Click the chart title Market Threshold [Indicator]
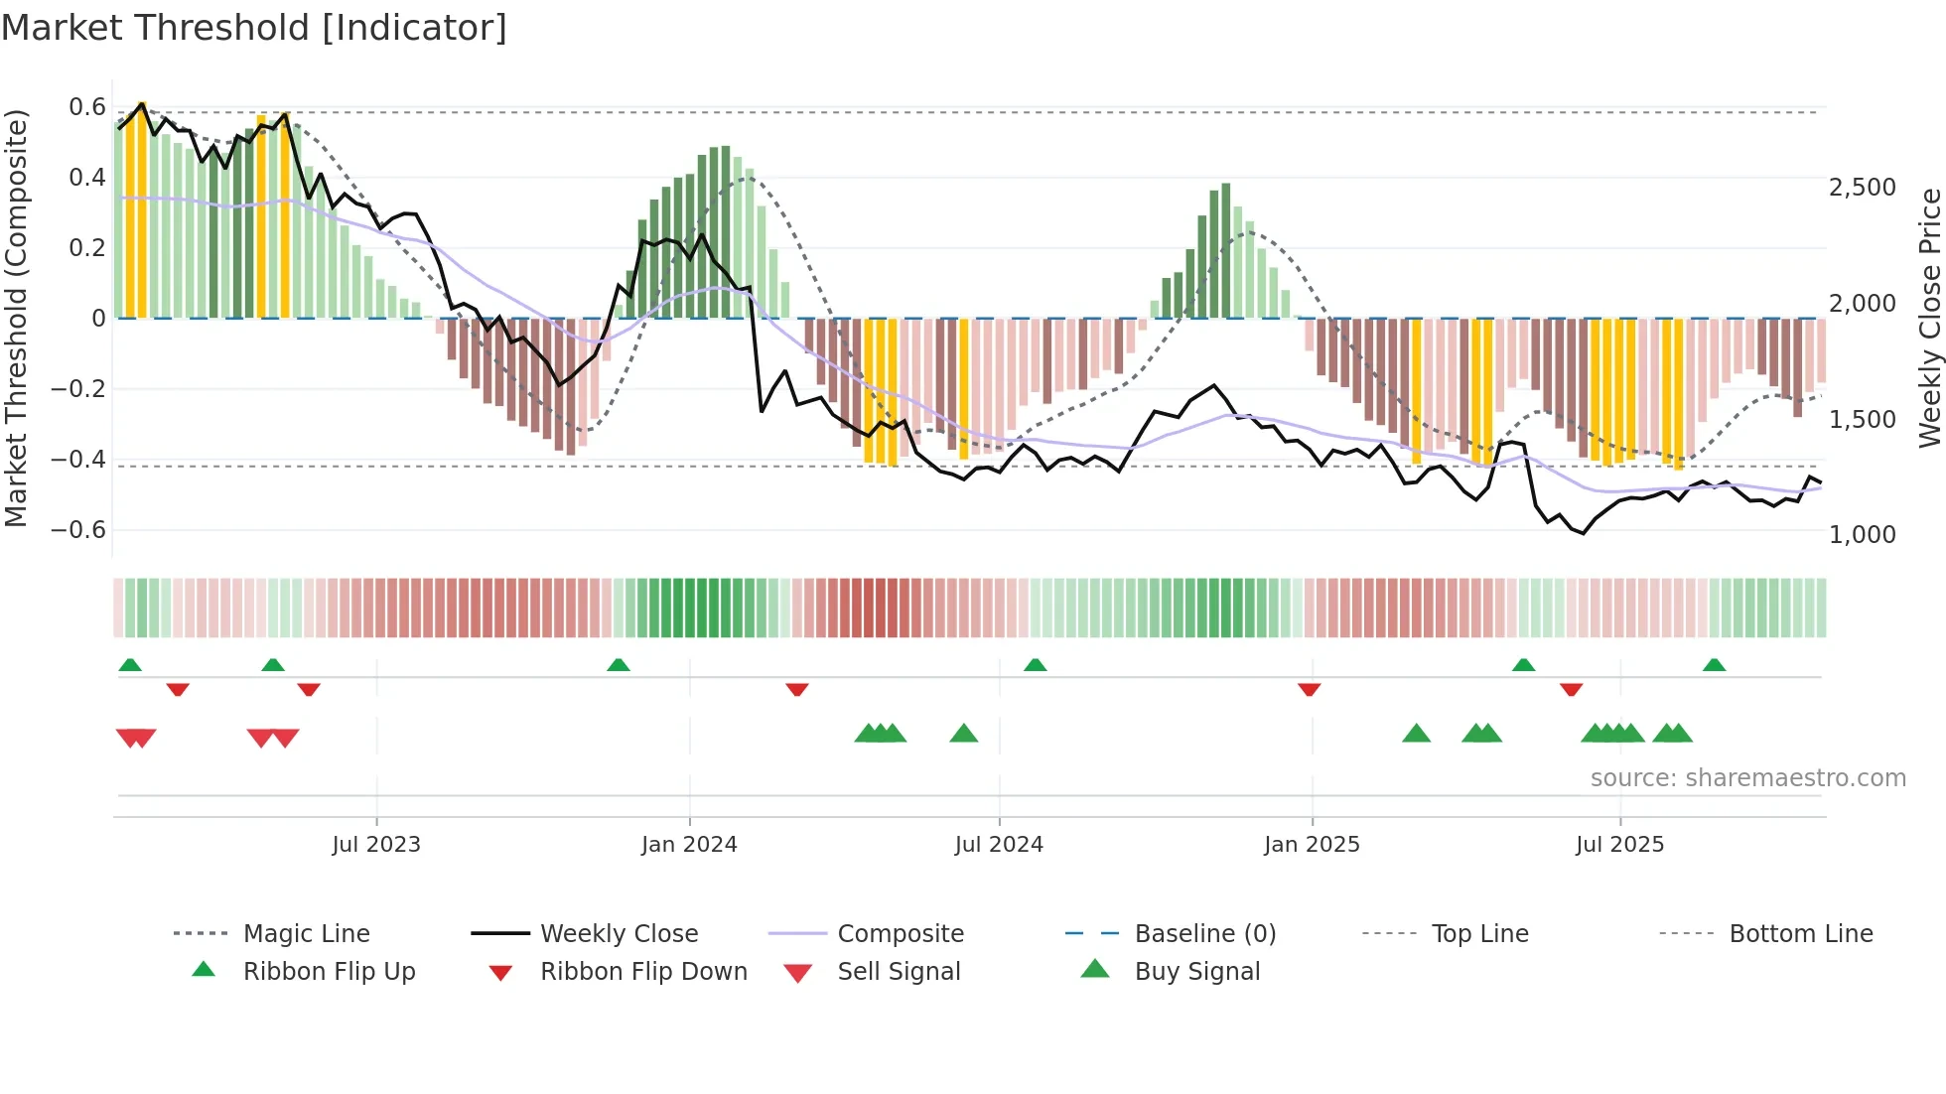(254, 28)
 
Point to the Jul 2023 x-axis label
(376, 844)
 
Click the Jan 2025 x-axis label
(1312, 844)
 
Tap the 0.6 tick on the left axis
(87, 107)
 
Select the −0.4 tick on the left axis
(78, 459)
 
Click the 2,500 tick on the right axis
(1862, 187)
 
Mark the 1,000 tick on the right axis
(1862, 534)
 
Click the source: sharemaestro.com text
(1747, 777)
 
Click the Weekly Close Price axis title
(1929, 318)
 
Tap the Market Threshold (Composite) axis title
(16, 318)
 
